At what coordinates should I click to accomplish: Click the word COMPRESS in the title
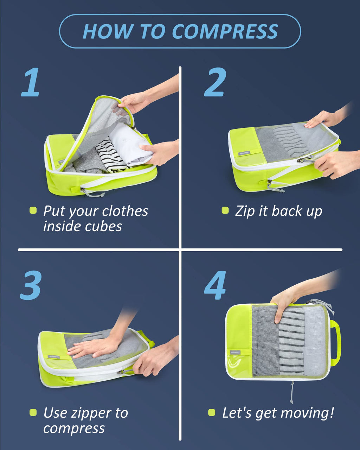[x=225, y=32]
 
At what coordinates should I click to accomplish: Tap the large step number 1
[x=31, y=82]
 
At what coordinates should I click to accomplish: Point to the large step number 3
[x=31, y=285]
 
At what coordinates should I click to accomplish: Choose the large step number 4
[x=215, y=285]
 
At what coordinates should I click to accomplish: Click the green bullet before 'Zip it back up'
[x=225, y=210]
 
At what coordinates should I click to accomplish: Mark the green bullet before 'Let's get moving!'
[x=212, y=412]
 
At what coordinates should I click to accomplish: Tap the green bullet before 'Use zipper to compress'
[x=33, y=412]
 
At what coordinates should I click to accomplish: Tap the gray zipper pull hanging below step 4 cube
[x=292, y=392]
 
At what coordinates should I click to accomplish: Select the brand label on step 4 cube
[x=236, y=352]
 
